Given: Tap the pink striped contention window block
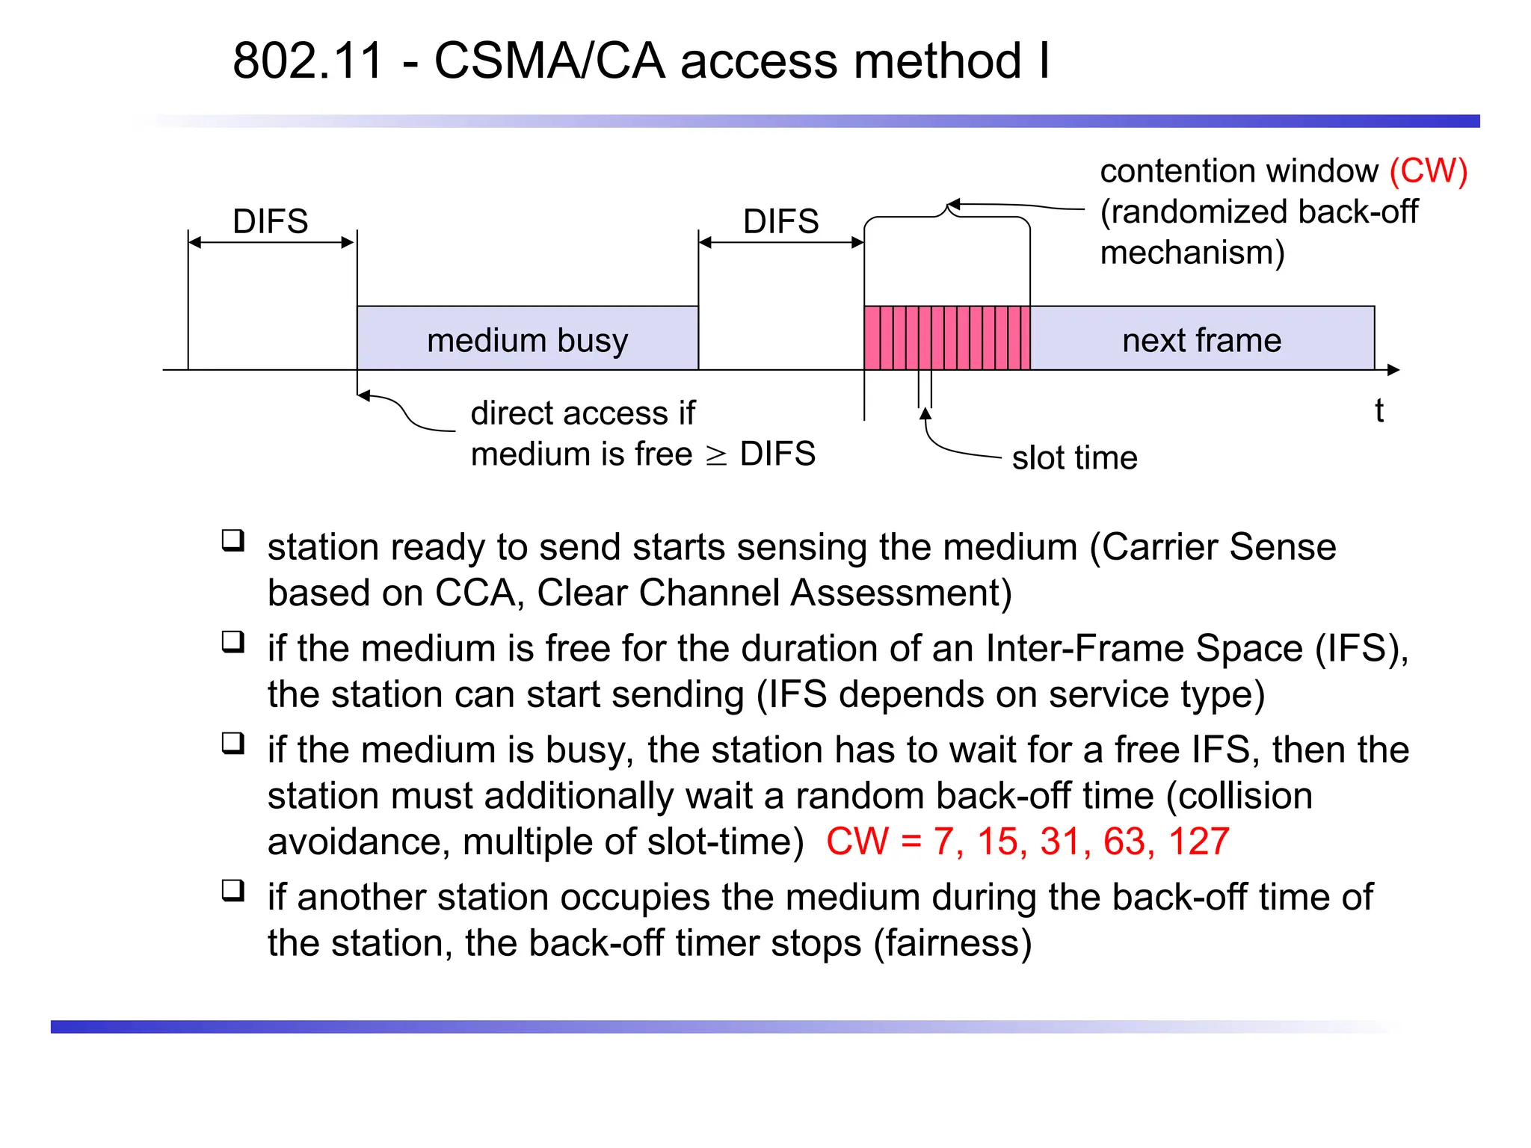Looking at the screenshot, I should [946, 338].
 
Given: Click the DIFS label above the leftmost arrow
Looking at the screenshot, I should [270, 221].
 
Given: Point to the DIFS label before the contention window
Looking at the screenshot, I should [780, 221].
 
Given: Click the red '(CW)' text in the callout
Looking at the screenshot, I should [1428, 171].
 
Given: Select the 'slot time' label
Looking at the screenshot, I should [1074, 457].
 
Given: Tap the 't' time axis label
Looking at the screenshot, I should [1378, 410].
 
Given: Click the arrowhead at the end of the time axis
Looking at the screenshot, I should [1393, 369].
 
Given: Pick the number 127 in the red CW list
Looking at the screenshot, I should [1198, 842].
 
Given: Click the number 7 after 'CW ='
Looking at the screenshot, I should [943, 842].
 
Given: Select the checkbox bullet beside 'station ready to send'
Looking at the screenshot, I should [233, 540].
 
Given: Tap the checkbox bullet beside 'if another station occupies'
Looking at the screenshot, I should [233, 890].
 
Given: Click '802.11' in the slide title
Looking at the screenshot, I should [308, 61].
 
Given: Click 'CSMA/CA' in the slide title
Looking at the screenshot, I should [549, 61].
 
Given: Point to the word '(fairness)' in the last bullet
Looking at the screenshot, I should [952, 943].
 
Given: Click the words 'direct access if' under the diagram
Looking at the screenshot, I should [582, 413].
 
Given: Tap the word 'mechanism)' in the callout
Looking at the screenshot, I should [1192, 253].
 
